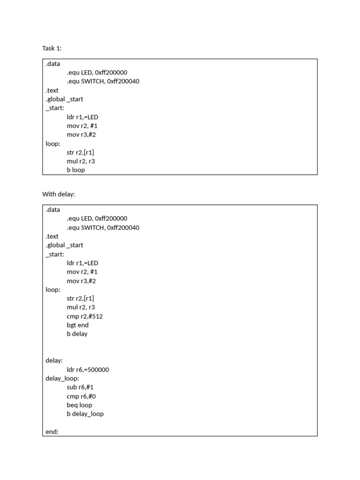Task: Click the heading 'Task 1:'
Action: point(52,48)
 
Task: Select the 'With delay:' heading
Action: point(59,194)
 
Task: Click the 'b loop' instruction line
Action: point(76,170)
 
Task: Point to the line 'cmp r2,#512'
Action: point(85,316)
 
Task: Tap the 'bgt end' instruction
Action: point(78,325)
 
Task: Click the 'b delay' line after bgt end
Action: point(77,334)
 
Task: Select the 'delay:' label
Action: point(54,360)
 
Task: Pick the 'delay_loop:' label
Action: point(62,378)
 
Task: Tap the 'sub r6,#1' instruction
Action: point(80,387)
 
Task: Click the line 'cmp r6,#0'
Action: point(81,396)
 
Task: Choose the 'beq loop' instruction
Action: point(80,405)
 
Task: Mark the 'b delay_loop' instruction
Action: point(85,414)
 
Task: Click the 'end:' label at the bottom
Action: point(52,432)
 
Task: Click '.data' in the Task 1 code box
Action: point(53,64)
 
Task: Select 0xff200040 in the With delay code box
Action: point(123,228)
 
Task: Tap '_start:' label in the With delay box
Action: point(55,254)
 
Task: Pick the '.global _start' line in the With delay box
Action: point(64,245)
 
